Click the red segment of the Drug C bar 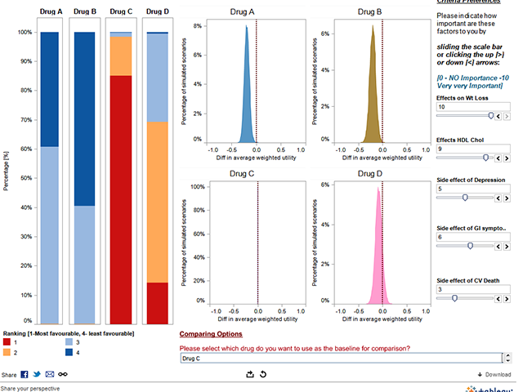pyautogui.click(x=121, y=196)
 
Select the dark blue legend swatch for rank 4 pyautogui.click(x=70, y=353)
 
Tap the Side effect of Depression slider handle pyautogui.click(x=465, y=197)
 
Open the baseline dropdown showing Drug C pyautogui.click(x=340, y=358)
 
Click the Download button pyautogui.click(x=494, y=374)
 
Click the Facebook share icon pyautogui.click(x=25, y=374)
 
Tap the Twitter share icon pyautogui.click(x=37, y=374)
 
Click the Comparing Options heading pyautogui.click(x=211, y=335)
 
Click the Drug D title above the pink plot pyautogui.click(x=373, y=174)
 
